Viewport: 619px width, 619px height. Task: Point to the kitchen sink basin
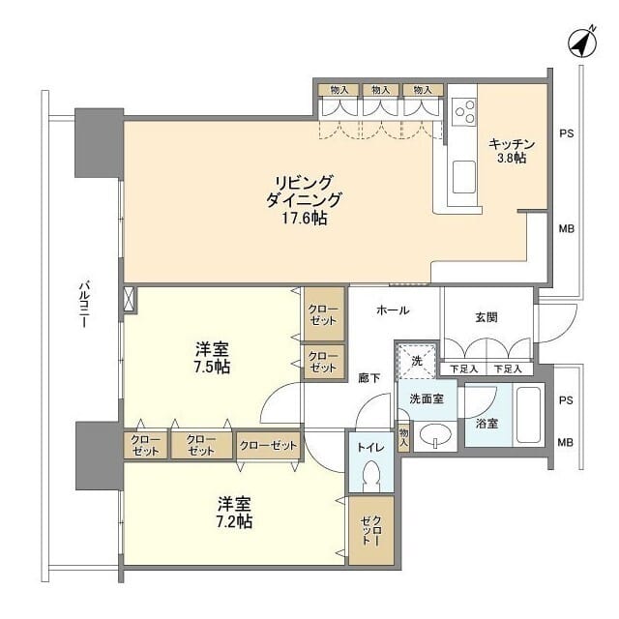point(463,177)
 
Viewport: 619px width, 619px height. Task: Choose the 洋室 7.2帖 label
point(234,512)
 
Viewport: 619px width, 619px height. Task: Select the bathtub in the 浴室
point(528,415)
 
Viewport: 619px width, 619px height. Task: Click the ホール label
point(393,310)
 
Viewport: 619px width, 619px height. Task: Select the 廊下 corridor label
point(368,379)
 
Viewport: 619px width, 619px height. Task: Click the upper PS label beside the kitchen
point(566,133)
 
